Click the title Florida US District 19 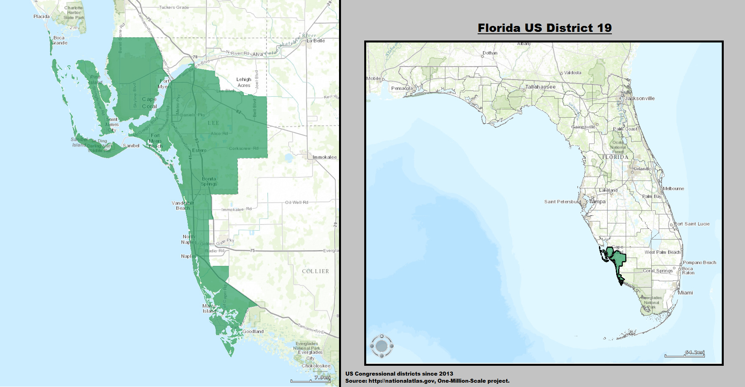click(x=545, y=28)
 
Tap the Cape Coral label click(x=149, y=103)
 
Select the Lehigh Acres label click(x=244, y=82)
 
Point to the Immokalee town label click(x=324, y=157)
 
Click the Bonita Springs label click(x=209, y=181)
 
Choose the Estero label click(x=199, y=151)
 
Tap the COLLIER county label click(x=315, y=271)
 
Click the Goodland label click(x=253, y=332)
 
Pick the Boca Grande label click(x=59, y=41)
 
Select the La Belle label click(x=316, y=41)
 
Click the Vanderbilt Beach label click(x=183, y=206)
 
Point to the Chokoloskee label click(x=316, y=366)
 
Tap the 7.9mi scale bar click(x=310, y=380)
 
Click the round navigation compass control click(x=382, y=346)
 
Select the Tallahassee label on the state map click(x=540, y=87)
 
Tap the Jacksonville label click(x=640, y=98)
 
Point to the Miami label click(x=686, y=293)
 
